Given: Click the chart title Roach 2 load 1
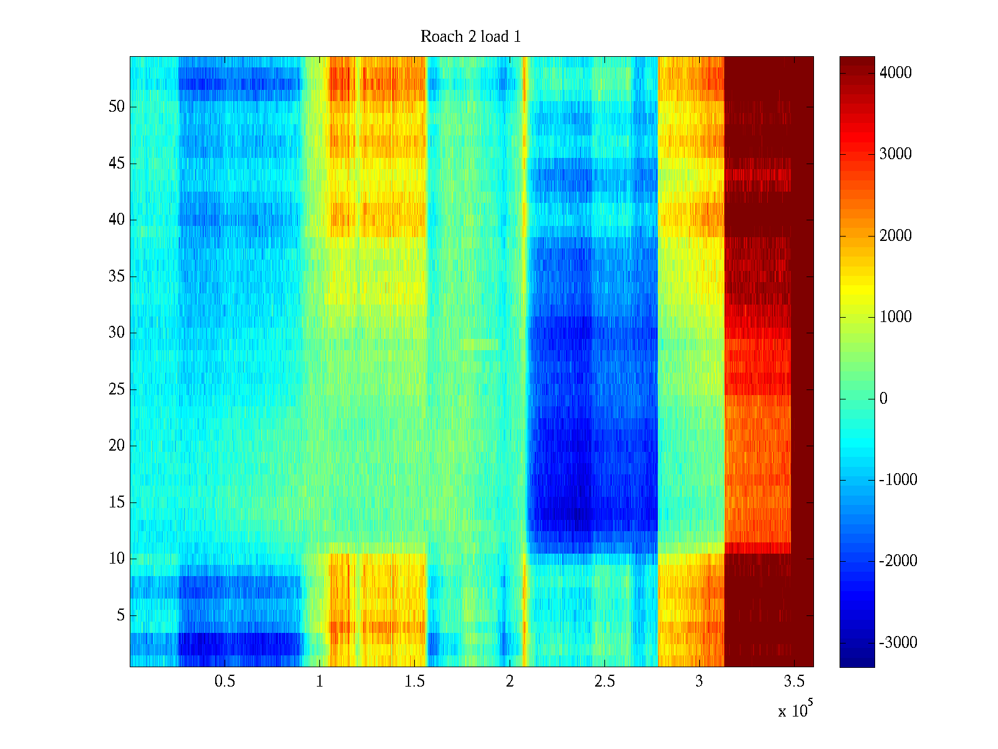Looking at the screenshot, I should pos(470,37).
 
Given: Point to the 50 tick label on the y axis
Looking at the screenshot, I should pos(117,107).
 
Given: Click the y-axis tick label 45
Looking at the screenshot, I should pos(117,164).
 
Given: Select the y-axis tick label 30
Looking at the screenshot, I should pos(117,333).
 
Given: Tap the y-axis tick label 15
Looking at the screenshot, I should pos(117,502).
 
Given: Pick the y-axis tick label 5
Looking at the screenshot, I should pos(120,615).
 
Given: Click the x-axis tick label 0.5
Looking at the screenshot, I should pos(225,682).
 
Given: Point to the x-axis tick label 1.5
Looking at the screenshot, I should pos(414,682).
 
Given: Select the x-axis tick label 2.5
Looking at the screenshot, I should pos(604,682).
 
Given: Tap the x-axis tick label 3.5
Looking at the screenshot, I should pos(794,682).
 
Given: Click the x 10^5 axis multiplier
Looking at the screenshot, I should pos(795,710).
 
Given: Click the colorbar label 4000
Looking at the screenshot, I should pos(895,73).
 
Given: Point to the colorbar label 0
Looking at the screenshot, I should pos(883,399).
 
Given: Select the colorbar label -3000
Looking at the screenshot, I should pos(898,643).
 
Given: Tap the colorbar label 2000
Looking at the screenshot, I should pos(895,236).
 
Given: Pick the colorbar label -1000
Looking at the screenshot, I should pos(898,480).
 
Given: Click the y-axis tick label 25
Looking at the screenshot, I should pos(117,389).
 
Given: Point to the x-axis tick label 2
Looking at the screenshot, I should pos(510,682).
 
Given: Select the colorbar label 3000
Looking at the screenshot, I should pos(895,154).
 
